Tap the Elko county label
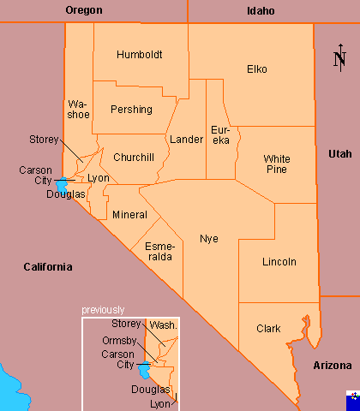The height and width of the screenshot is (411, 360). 256,68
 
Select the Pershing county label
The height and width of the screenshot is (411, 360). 131,110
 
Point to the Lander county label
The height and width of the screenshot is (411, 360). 186,139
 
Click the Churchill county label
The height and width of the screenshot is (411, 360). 133,158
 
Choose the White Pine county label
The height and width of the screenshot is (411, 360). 277,164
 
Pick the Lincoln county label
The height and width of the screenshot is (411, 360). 279,261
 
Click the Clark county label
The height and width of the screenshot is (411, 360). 268,328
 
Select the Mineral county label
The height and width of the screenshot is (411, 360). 129,214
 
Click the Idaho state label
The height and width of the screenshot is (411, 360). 261,11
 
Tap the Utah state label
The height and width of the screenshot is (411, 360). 339,153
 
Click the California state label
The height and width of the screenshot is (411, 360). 47,267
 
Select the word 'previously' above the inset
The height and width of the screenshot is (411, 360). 103,310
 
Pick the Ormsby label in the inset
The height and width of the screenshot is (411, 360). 119,341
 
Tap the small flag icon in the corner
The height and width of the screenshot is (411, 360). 351,400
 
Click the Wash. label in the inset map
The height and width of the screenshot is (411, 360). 164,325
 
